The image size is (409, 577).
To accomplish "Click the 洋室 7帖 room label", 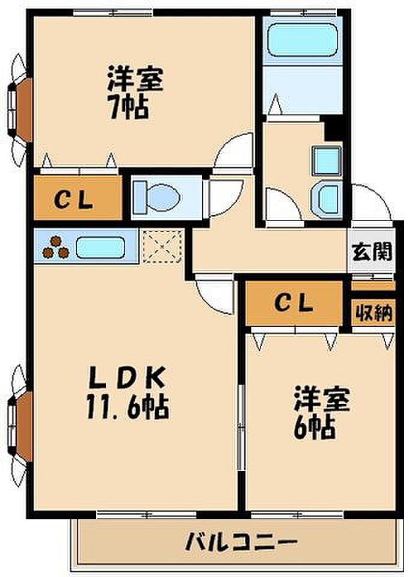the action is (x=135, y=93).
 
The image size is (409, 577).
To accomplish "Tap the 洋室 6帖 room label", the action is (x=321, y=412).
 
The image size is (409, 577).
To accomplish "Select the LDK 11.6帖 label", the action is (x=127, y=393).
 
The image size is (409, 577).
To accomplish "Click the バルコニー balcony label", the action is (x=242, y=542).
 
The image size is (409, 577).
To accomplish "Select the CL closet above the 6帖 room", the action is (x=294, y=304).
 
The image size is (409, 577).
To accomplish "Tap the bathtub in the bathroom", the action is (x=303, y=40).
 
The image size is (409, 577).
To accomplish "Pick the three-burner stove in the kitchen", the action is (x=55, y=247).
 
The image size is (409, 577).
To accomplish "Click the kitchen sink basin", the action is (x=99, y=247).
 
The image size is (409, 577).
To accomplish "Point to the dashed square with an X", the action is (x=163, y=246).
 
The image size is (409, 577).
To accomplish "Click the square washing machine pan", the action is (x=327, y=161).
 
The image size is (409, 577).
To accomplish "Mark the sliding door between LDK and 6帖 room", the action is (x=241, y=427).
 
